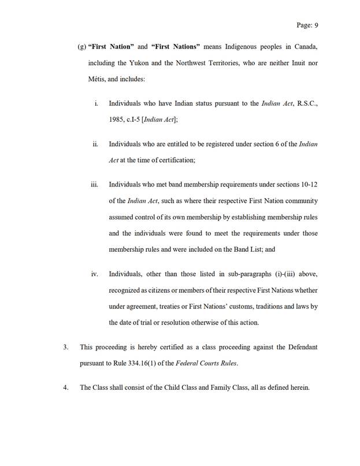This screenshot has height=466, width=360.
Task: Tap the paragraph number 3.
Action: click(66, 348)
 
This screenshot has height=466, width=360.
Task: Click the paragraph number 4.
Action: click(66, 387)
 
